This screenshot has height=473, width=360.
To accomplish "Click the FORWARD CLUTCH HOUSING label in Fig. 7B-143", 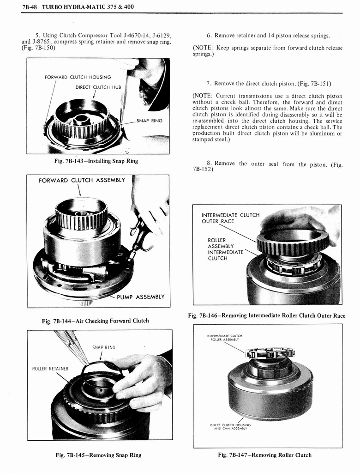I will (x=78, y=77).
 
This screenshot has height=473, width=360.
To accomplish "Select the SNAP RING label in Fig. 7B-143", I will (x=150, y=121).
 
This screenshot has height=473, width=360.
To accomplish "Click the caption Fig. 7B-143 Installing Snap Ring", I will (x=96, y=161).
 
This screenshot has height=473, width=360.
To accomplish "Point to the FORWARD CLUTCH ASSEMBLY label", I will (x=82, y=180).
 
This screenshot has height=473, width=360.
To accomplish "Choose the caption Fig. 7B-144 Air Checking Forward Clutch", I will (x=96, y=321).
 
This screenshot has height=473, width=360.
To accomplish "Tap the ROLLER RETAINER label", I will (x=50, y=369).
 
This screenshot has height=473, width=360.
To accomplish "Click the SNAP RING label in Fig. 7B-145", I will (x=103, y=347).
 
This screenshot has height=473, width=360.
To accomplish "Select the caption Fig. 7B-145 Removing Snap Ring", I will (x=98, y=455).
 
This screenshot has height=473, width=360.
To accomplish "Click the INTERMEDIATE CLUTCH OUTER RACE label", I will (x=230, y=218).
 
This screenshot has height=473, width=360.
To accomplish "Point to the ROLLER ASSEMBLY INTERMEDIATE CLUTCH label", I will (x=225, y=249).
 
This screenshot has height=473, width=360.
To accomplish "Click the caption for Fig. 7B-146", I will (x=267, y=315).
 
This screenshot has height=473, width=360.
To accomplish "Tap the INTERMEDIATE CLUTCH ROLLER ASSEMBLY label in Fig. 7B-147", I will (x=226, y=338).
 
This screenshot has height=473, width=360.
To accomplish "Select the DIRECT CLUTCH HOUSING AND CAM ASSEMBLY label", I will (x=230, y=426).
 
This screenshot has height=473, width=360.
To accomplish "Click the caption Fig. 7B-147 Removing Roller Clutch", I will (x=264, y=455).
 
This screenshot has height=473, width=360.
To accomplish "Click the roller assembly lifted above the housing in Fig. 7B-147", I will (x=270, y=353).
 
